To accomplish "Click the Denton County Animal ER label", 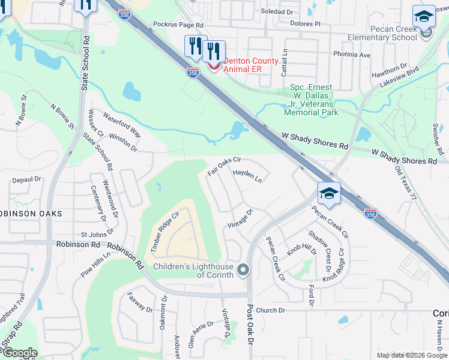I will [x=251, y=65].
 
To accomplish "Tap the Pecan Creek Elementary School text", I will [x=382, y=33].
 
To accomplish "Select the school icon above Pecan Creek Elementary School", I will [x=424, y=17].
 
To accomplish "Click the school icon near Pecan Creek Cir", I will [x=329, y=194].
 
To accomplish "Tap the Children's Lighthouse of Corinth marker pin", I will [x=243, y=270].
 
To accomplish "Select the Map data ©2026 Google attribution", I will [x=412, y=355].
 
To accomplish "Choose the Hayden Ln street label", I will [x=247, y=176].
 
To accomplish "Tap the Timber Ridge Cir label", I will [x=166, y=231].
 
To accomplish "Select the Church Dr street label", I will [x=270, y=310].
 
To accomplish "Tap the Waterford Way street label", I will [x=121, y=124].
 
